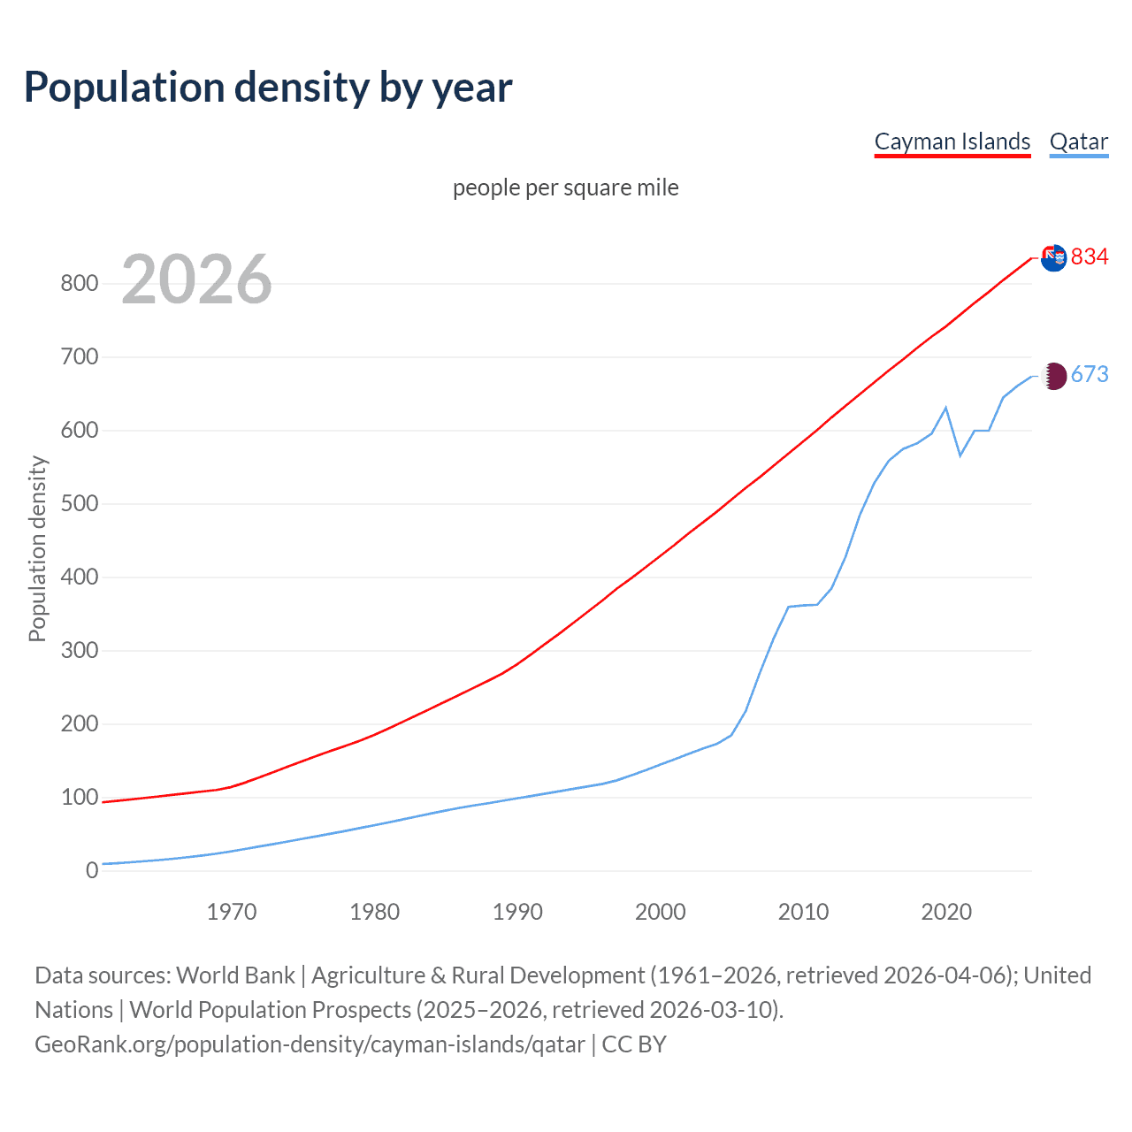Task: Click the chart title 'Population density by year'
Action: tap(268, 88)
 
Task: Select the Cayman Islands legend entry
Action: tap(952, 141)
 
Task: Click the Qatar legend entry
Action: tap(1078, 141)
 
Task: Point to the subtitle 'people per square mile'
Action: tap(565, 187)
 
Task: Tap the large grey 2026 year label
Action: tap(196, 279)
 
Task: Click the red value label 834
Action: tap(1089, 256)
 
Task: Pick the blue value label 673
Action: tap(1089, 374)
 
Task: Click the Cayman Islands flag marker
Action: tap(1053, 258)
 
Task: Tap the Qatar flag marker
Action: tap(1054, 376)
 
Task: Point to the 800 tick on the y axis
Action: tap(79, 284)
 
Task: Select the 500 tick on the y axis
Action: tap(79, 504)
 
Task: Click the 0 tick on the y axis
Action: tap(92, 871)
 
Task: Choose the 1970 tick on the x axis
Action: tap(232, 912)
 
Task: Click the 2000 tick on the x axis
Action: tap(660, 912)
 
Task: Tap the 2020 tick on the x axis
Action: tap(946, 912)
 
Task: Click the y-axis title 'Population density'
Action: tap(37, 548)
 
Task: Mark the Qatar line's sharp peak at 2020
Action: tap(946, 408)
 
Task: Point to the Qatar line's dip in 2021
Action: tap(960, 455)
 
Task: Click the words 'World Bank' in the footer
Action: tap(235, 975)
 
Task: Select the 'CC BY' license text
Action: tap(634, 1044)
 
